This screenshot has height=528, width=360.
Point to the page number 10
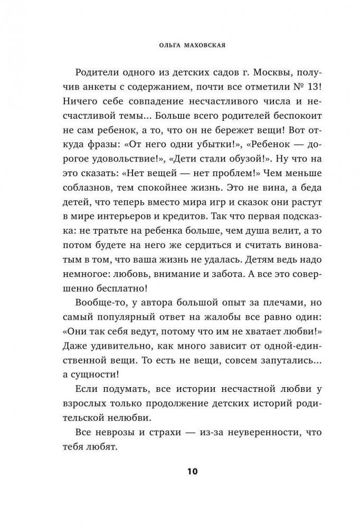pos(180,471)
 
